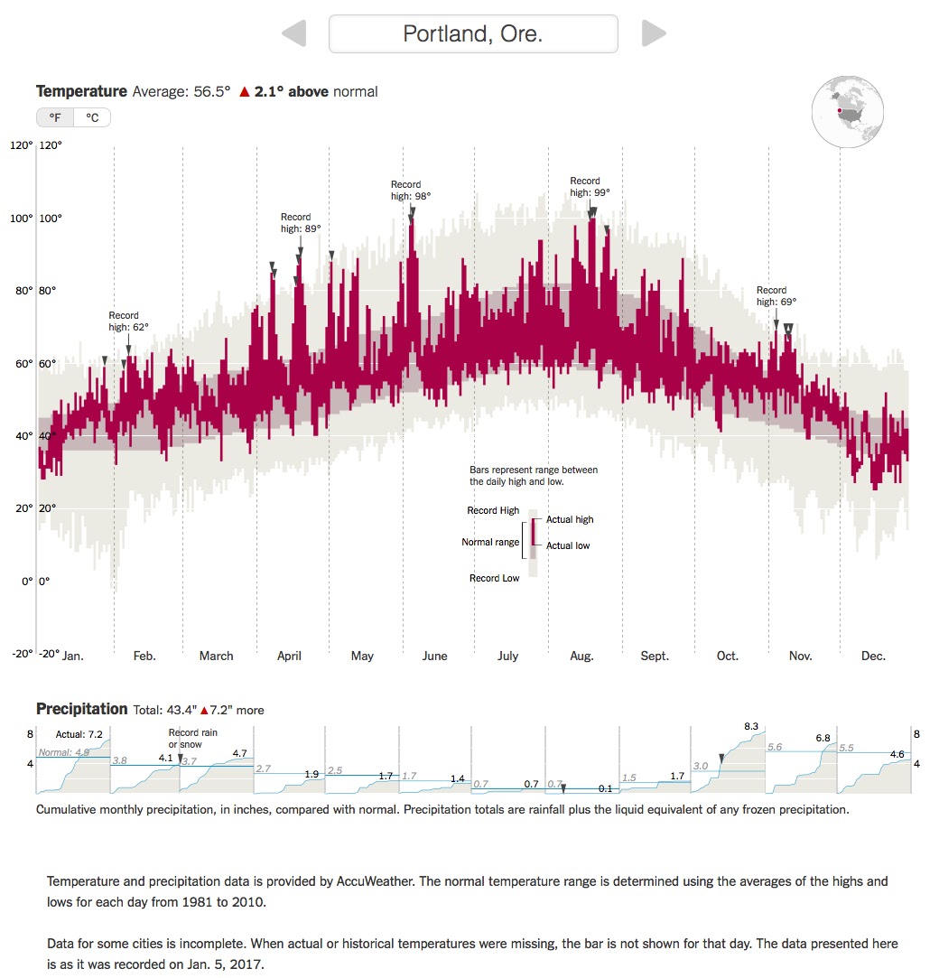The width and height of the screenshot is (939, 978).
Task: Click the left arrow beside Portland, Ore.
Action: tap(294, 34)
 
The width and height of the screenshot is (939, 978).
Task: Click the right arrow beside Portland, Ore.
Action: tap(653, 34)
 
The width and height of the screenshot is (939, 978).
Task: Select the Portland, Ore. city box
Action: tap(473, 34)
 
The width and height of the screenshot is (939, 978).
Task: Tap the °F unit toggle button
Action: tap(55, 117)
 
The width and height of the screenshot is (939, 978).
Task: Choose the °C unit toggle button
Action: tap(92, 117)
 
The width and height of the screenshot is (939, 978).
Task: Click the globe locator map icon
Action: tap(849, 112)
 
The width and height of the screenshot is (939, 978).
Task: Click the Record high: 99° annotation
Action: tap(590, 186)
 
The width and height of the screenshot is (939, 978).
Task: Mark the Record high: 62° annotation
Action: tap(128, 321)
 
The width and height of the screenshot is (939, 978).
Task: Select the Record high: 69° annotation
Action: tap(776, 296)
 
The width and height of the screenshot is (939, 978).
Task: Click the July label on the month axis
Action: tap(507, 656)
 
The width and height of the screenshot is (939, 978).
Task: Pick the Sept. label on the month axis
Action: tap(655, 656)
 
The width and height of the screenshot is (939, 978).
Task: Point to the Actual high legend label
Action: tap(570, 519)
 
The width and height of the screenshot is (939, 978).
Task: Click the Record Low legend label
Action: tap(494, 578)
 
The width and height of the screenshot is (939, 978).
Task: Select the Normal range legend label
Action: tap(490, 542)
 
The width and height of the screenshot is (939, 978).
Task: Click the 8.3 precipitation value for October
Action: tap(751, 725)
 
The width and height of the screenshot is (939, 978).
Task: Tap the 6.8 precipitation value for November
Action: tap(823, 738)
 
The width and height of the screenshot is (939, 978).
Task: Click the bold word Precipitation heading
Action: tap(81, 709)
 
